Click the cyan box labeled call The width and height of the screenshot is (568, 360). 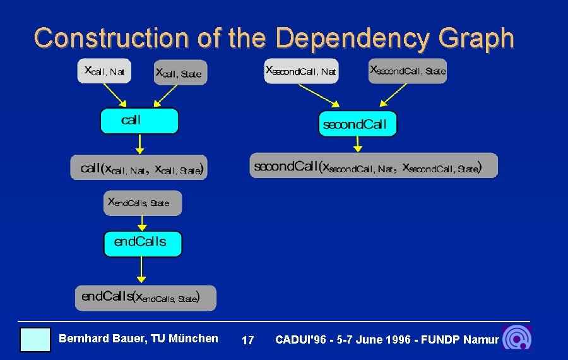pyautogui.click(x=139, y=121)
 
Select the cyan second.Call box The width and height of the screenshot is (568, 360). pyautogui.click(x=357, y=124)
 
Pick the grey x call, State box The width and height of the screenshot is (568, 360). pyautogui.click(x=180, y=73)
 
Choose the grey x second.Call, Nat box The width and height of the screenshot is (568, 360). pyautogui.click(x=302, y=71)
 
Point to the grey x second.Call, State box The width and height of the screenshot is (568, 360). pyautogui.click(x=408, y=71)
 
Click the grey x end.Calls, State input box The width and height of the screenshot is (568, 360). pyautogui.click(x=142, y=203)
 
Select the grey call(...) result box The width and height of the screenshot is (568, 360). pyautogui.click(x=138, y=168)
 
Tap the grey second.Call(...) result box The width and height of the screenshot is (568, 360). pyautogui.click(x=374, y=165)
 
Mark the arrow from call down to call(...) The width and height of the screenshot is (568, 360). pyautogui.click(x=140, y=144)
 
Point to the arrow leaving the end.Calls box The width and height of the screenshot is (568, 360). pyautogui.click(x=141, y=270)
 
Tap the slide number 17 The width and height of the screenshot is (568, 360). pyautogui.click(x=248, y=340)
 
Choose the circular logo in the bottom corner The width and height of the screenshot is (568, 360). pyautogui.click(x=516, y=338)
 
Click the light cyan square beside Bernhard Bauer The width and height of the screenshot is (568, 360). pyautogui.click(x=35, y=339)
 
